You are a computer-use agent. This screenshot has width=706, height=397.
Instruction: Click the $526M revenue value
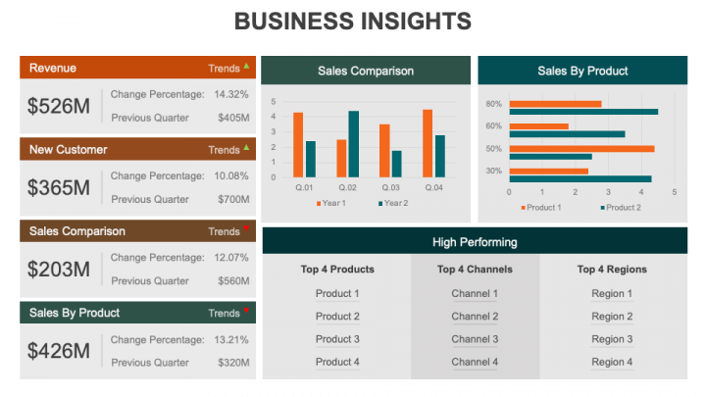pos(58,106)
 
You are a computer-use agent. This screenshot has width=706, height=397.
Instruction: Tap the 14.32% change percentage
pos(231,94)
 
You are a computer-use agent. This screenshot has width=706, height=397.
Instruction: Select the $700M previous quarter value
pos(232,199)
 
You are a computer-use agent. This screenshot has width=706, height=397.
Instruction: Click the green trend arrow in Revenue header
pos(246,67)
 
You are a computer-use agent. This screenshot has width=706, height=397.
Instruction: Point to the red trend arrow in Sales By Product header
pos(246,311)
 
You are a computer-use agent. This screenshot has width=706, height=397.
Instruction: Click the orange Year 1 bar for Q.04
pos(428,141)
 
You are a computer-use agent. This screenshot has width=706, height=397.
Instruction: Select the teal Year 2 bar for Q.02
pos(353,142)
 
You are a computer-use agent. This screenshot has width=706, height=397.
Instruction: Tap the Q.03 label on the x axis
pos(390,186)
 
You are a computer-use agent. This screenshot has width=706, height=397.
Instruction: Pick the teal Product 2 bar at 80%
pos(583,112)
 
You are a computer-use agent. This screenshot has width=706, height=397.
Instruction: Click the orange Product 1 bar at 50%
pos(581,149)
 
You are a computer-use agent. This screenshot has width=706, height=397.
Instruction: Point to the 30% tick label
pos(493,172)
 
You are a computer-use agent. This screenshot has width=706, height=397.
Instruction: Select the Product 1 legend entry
pos(539,207)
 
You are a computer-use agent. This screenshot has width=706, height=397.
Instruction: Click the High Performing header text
pos(475,241)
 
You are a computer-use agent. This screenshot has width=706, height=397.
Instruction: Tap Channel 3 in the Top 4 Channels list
pos(475,339)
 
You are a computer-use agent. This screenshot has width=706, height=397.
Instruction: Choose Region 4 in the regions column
pos(612,362)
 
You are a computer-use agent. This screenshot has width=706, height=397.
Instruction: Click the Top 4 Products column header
pos(337,269)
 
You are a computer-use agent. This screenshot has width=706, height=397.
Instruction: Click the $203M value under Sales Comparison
pos(58,269)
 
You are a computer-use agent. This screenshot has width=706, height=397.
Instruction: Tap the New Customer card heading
pos(69,149)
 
